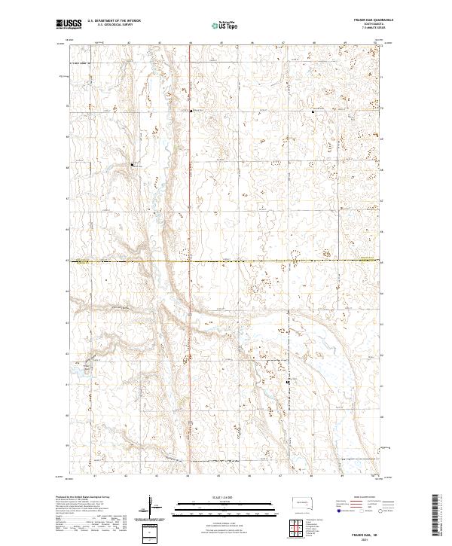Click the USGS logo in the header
(69, 25)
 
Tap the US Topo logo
(224, 25)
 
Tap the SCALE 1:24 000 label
(224, 496)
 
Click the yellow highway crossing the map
(226, 261)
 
